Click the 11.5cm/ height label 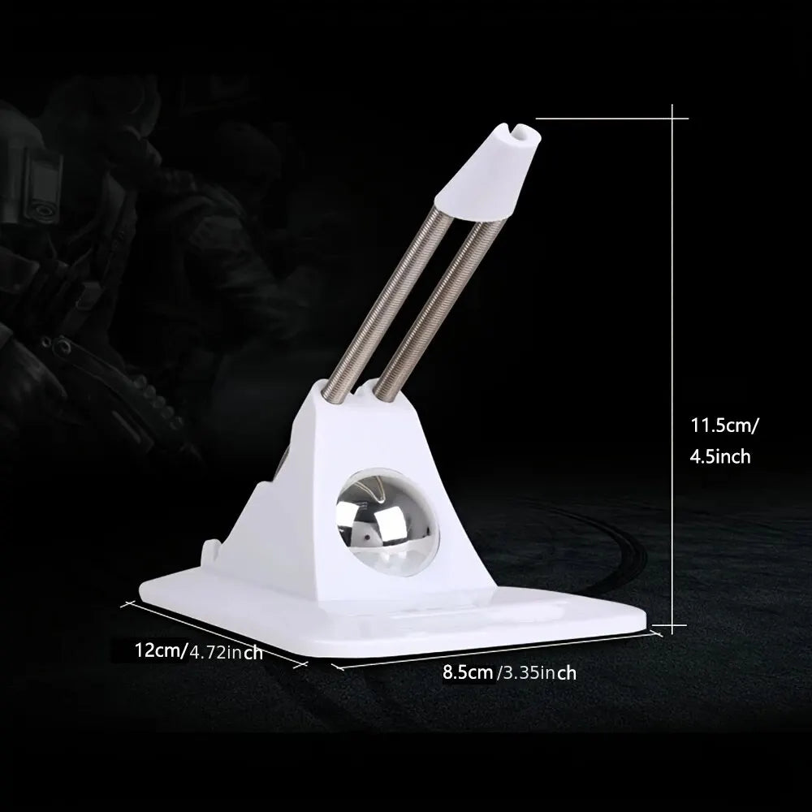pyautogui.click(x=724, y=424)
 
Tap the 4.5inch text pyautogui.click(x=719, y=456)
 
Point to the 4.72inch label pyautogui.click(x=226, y=651)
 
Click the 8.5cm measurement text pyautogui.click(x=468, y=672)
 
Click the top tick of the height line pyautogui.click(x=672, y=119)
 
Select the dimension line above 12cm pyautogui.click(x=215, y=633)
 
